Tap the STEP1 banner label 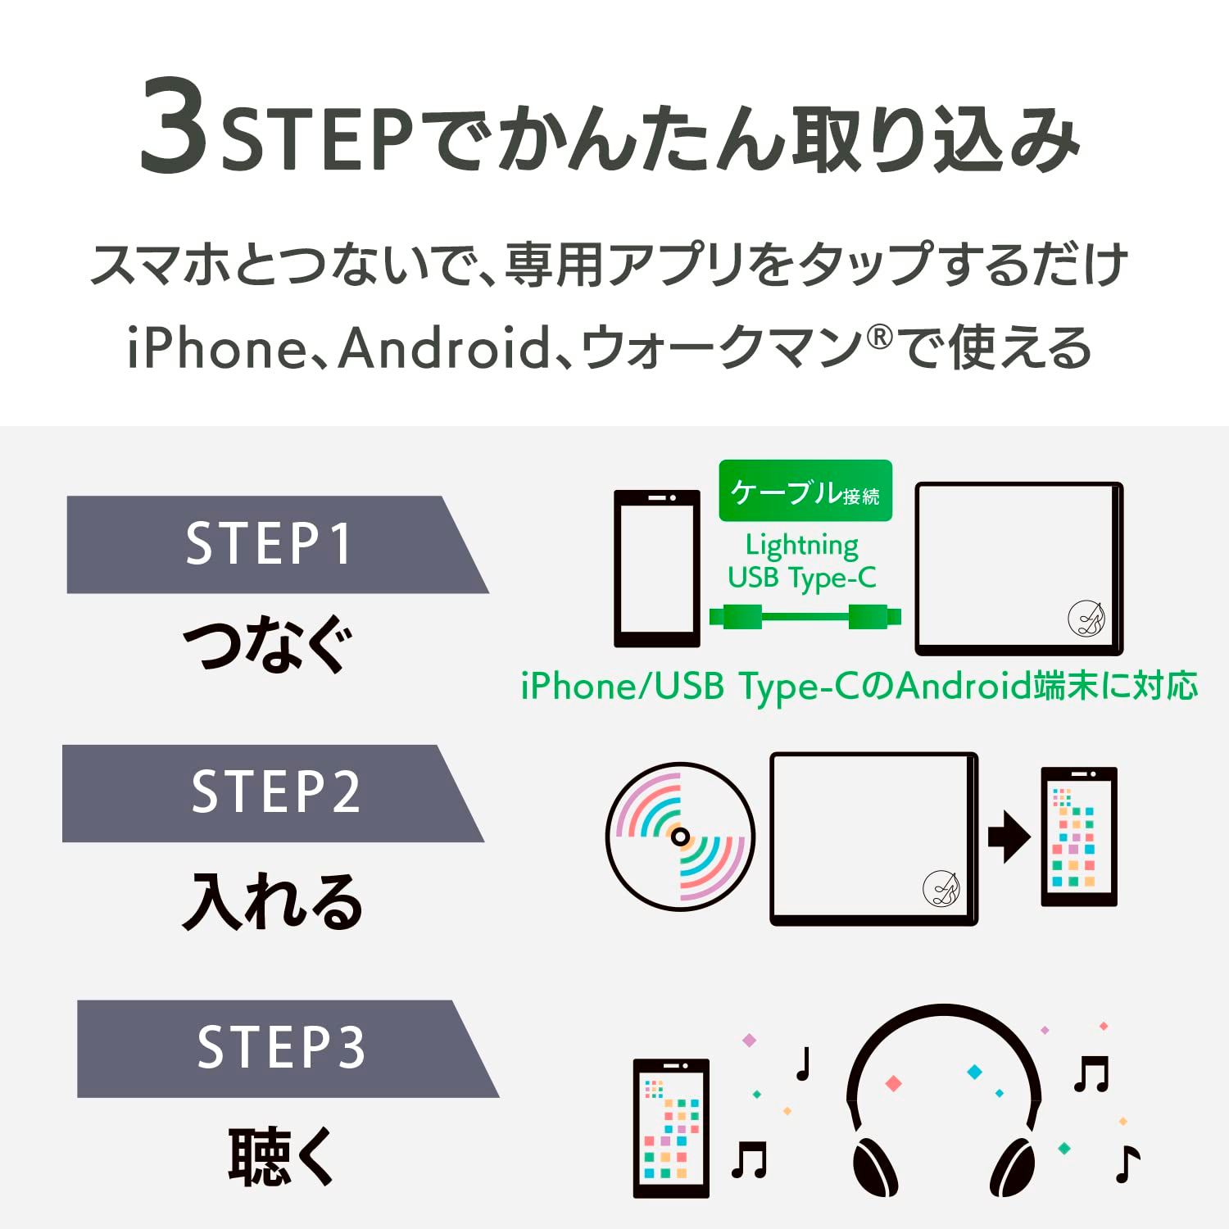point(269,544)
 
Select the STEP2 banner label point(275,792)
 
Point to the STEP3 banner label point(281,1047)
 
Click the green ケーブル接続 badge point(805,492)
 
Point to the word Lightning point(801,544)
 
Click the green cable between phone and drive point(805,615)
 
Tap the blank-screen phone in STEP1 point(656,568)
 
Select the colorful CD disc point(679,837)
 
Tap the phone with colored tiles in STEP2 point(1078,837)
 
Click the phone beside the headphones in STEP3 point(671,1127)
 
